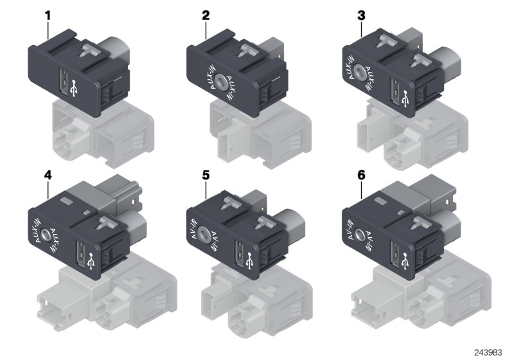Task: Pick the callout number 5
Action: tap(206, 174)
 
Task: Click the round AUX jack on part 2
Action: tap(221, 81)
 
